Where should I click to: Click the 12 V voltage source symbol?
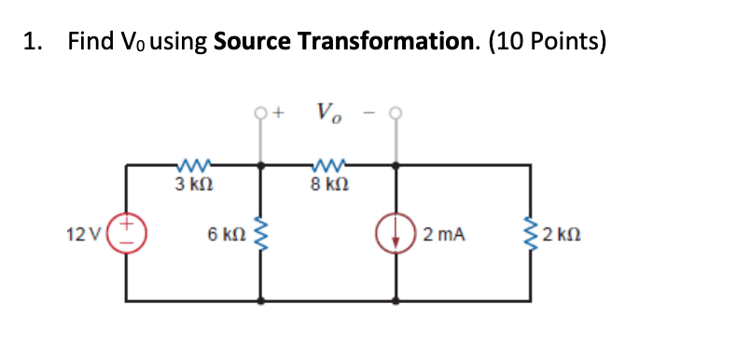tap(128, 233)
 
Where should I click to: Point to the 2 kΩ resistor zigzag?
tap(532, 233)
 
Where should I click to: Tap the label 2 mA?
tap(443, 233)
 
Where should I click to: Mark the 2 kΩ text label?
tap(563, 233)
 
